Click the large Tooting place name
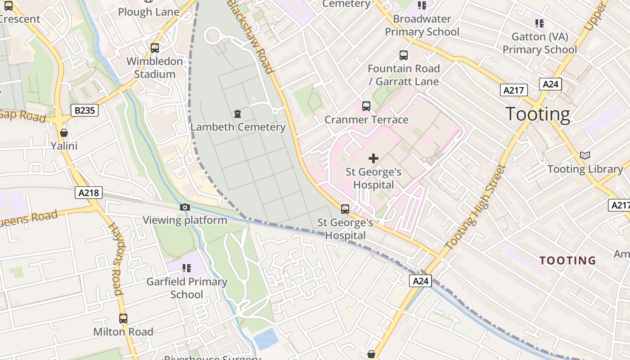538,114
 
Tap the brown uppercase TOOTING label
567,261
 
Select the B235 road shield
84,110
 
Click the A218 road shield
89,193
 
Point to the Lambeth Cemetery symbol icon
238,114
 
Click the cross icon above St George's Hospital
373,158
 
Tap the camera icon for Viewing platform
184,207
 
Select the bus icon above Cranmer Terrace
366,106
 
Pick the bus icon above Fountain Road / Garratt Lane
404,55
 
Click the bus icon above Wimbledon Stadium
155,48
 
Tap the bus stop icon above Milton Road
123,319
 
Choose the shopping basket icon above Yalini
64,133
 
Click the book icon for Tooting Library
585,156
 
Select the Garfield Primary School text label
186,288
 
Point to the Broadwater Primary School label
422,25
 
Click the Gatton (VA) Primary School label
540,43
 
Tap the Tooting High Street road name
476,207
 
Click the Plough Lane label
148,12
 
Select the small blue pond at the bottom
266,338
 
